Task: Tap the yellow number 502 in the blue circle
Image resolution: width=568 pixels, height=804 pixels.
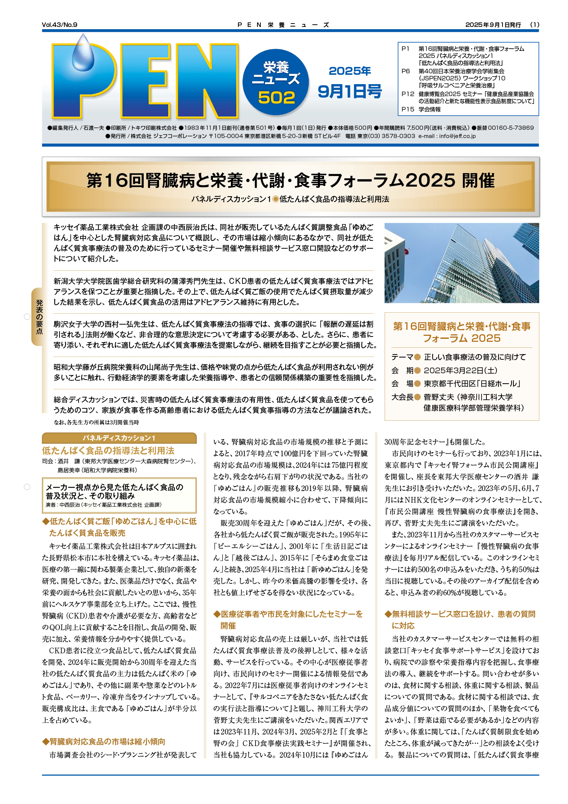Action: (x=276, y=98)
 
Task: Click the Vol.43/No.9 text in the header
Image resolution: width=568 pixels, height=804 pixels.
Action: (x=59, y=25)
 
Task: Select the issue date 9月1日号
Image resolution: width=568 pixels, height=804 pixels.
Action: (x=349, y=91)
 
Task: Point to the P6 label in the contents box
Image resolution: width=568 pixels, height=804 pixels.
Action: (x=406, y=71)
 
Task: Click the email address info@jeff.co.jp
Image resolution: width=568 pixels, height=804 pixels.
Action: (x=457, y=136)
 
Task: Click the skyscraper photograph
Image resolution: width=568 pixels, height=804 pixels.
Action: (x=461, y=263)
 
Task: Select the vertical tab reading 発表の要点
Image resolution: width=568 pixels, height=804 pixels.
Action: (x=39, y=316)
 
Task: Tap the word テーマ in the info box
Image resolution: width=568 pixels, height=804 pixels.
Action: (x=402, y=357)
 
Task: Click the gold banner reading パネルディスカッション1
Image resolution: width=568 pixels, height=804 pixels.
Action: (x=119, y=438)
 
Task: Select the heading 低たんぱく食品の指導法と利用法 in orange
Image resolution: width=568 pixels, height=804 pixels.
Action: (x=108, y=450)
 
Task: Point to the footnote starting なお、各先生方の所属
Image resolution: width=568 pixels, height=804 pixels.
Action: (x=96, y=422)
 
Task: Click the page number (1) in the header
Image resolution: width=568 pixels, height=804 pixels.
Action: (x=534, y=25)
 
